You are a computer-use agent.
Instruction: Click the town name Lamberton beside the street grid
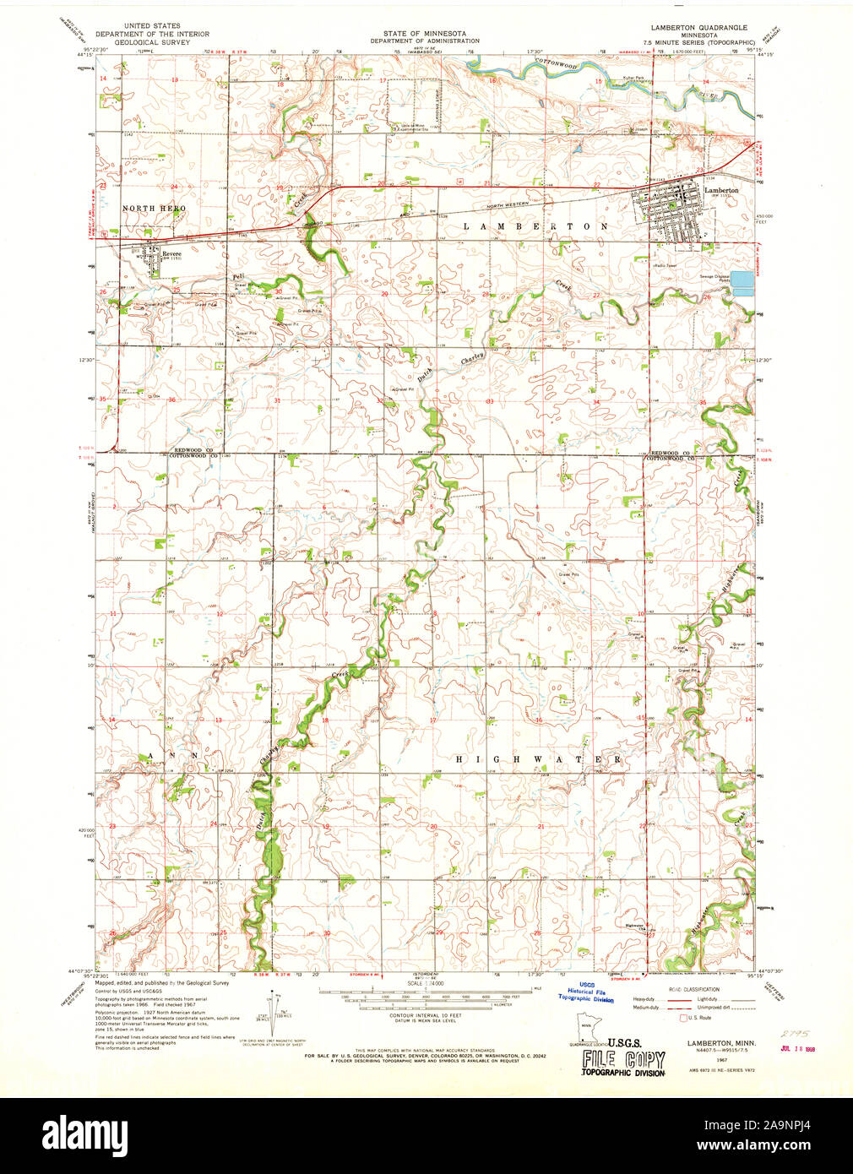[x=721, y=190]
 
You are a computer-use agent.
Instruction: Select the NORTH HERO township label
[x=153, y=208]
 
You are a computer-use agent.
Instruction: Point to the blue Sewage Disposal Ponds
[x=741, y=283]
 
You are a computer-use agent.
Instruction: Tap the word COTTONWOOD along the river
[x=555, y=65]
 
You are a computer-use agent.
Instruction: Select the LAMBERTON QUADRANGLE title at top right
[x=698, y=27]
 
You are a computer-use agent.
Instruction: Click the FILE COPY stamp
[x=623, y=1060]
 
